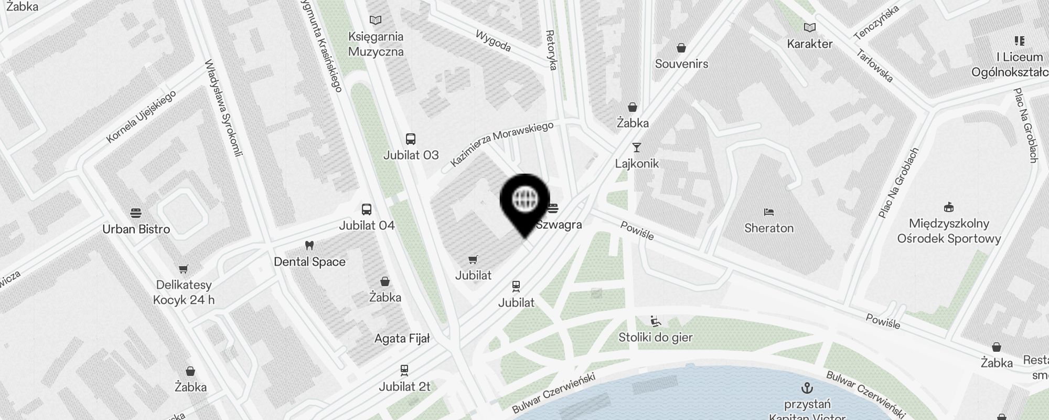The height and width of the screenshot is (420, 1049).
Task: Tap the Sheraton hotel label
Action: tap(769, 228)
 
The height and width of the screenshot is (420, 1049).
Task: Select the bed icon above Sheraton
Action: tap(769, 212)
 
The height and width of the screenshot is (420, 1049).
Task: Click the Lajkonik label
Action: tap(637, 164)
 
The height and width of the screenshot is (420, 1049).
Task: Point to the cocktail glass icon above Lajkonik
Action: tap(637, 148)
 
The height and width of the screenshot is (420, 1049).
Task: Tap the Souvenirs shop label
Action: tap(681, 64)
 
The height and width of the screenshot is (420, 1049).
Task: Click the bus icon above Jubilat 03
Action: tap(411, 139)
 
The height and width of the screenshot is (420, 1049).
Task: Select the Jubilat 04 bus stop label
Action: tap(367, 226)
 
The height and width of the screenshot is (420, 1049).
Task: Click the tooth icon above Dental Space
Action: tap(309, 245)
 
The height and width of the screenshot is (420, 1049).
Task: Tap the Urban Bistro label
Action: tap(136, 229)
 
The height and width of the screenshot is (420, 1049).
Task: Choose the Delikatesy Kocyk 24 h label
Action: tap(184, 292)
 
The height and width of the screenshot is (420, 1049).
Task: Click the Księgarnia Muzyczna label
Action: tap(376, 44)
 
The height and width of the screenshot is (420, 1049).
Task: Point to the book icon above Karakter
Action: tap(810, 27)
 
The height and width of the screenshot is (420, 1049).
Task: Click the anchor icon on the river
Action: tap(807, 388)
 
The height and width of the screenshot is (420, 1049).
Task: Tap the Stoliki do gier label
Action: tap(655, 338)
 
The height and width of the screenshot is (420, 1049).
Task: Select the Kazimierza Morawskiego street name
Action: tap(502, 144)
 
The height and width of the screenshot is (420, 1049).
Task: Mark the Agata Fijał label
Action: tap(402, 339)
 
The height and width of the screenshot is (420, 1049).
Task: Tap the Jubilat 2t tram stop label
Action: tap(404, 387)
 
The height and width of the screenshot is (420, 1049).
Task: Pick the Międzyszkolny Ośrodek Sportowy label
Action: tap(949, 231)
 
